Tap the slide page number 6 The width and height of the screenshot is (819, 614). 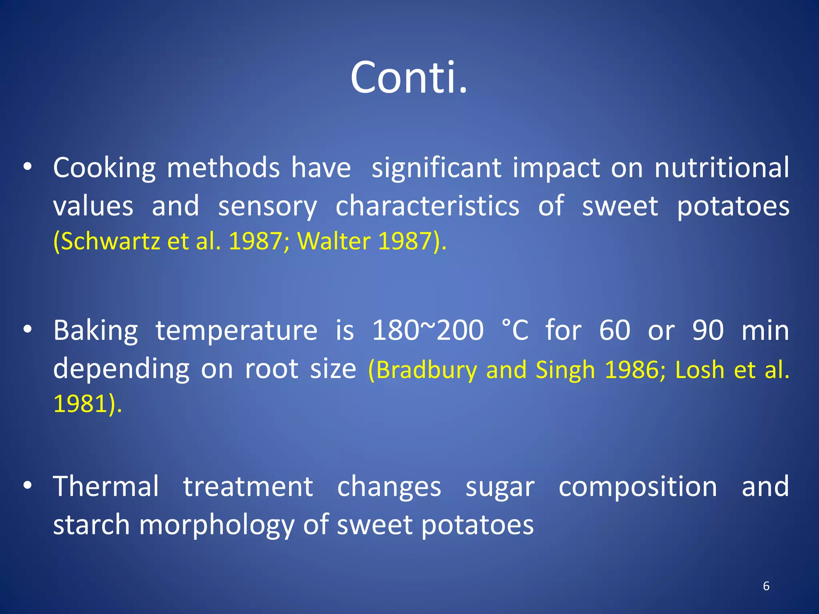tap(766, 586)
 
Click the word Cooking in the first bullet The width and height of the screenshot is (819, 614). tap(104, 168)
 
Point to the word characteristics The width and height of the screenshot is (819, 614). tap(427, 206)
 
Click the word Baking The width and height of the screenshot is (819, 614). tap(96, 331)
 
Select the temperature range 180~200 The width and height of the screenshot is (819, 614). tap(427, 330)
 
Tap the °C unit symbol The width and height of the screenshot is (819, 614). tap(515, 330)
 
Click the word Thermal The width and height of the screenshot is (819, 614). tap(106, 486)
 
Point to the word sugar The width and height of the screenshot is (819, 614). tap(500, 487)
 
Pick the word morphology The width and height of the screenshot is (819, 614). tap(216, 525)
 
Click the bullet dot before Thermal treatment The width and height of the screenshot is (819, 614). tap(27, 486)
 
